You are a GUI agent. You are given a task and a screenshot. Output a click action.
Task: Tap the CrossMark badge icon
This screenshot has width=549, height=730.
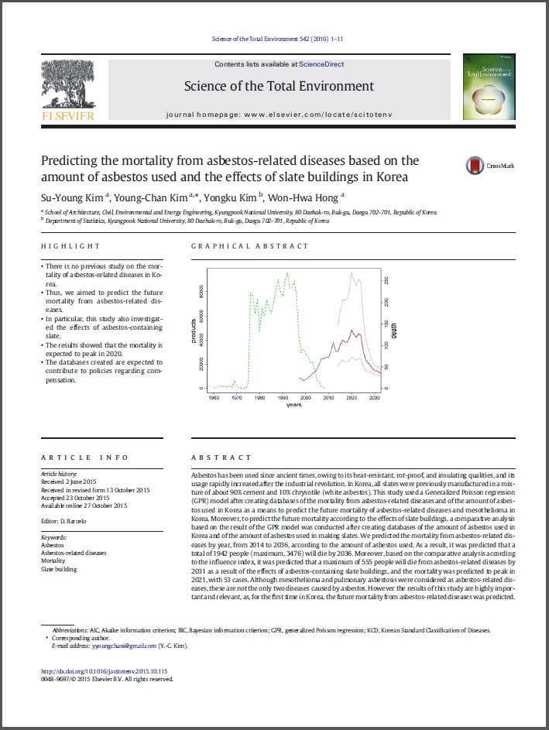click(474, 166)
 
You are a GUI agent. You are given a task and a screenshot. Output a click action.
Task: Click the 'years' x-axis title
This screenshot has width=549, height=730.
click(293, 405)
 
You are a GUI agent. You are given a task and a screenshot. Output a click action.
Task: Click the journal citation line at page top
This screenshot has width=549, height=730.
click(276, 39)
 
